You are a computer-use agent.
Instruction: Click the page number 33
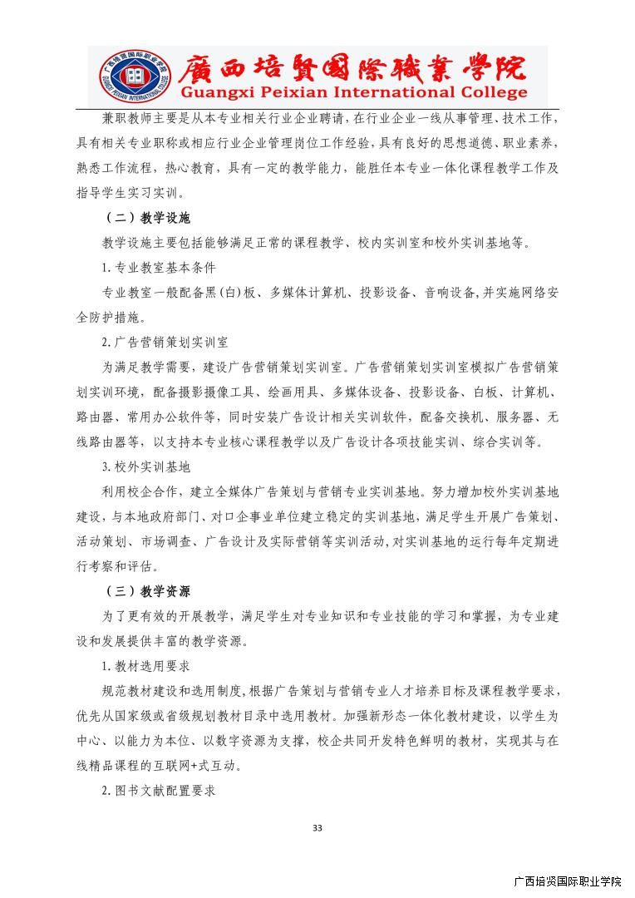click(317, 827)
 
